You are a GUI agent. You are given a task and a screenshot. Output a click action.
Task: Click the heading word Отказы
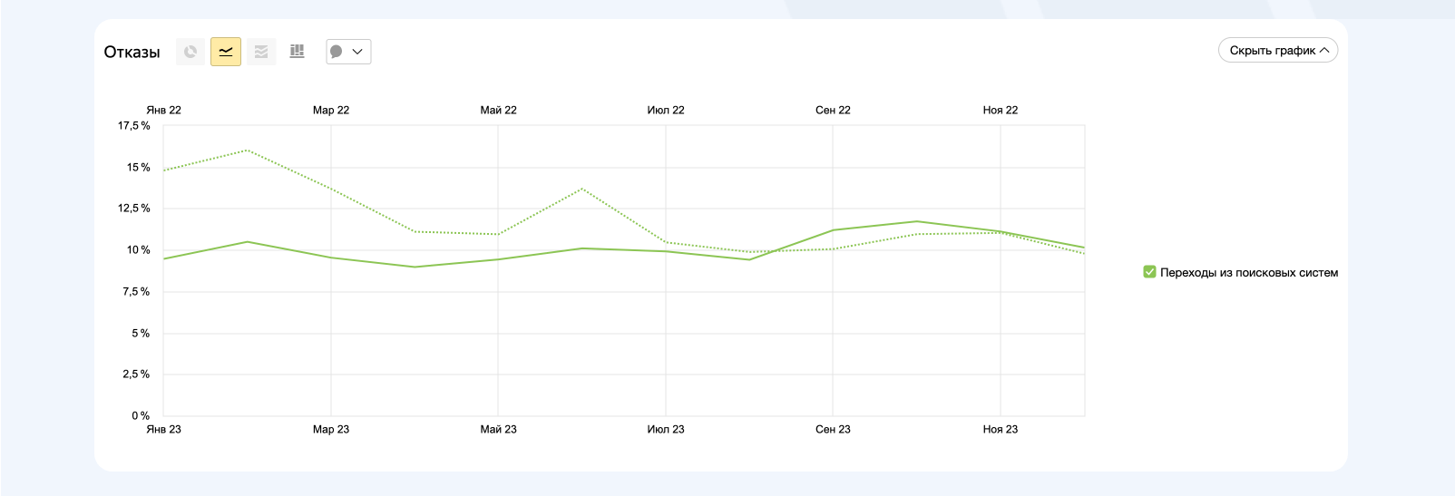pos(132,53)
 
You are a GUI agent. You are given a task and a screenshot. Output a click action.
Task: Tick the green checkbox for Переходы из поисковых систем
pos(1149,272)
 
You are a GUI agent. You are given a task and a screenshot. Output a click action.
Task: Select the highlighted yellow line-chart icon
pos(226,52)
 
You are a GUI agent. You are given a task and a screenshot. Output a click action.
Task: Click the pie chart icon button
pos(190,52)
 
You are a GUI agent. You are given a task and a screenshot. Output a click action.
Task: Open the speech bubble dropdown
pos(348,52)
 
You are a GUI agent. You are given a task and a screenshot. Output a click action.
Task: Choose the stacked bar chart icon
pos(297,52)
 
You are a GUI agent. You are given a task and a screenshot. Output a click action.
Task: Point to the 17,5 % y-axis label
pos(133,126)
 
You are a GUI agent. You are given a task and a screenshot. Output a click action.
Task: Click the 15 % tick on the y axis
pos(138,168)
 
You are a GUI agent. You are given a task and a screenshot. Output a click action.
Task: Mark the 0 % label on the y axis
pos(140,416)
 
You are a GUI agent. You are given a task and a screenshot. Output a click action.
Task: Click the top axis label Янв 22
pos(163,111)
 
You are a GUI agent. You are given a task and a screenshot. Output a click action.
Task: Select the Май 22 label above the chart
pos(498,111)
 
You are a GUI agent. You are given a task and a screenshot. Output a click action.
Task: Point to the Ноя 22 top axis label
pos(1000,111)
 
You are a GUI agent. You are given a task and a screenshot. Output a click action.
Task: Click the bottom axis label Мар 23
pos(330,430)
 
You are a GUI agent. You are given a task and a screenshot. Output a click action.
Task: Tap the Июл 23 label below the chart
pos(665,430)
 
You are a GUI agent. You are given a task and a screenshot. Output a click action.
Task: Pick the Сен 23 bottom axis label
pos(833,430)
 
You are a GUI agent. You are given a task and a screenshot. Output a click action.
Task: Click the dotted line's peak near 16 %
pos(248,151)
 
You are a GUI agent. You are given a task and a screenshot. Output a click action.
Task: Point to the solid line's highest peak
pos(916,221)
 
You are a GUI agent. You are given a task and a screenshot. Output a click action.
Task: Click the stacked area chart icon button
pos(261,52)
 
